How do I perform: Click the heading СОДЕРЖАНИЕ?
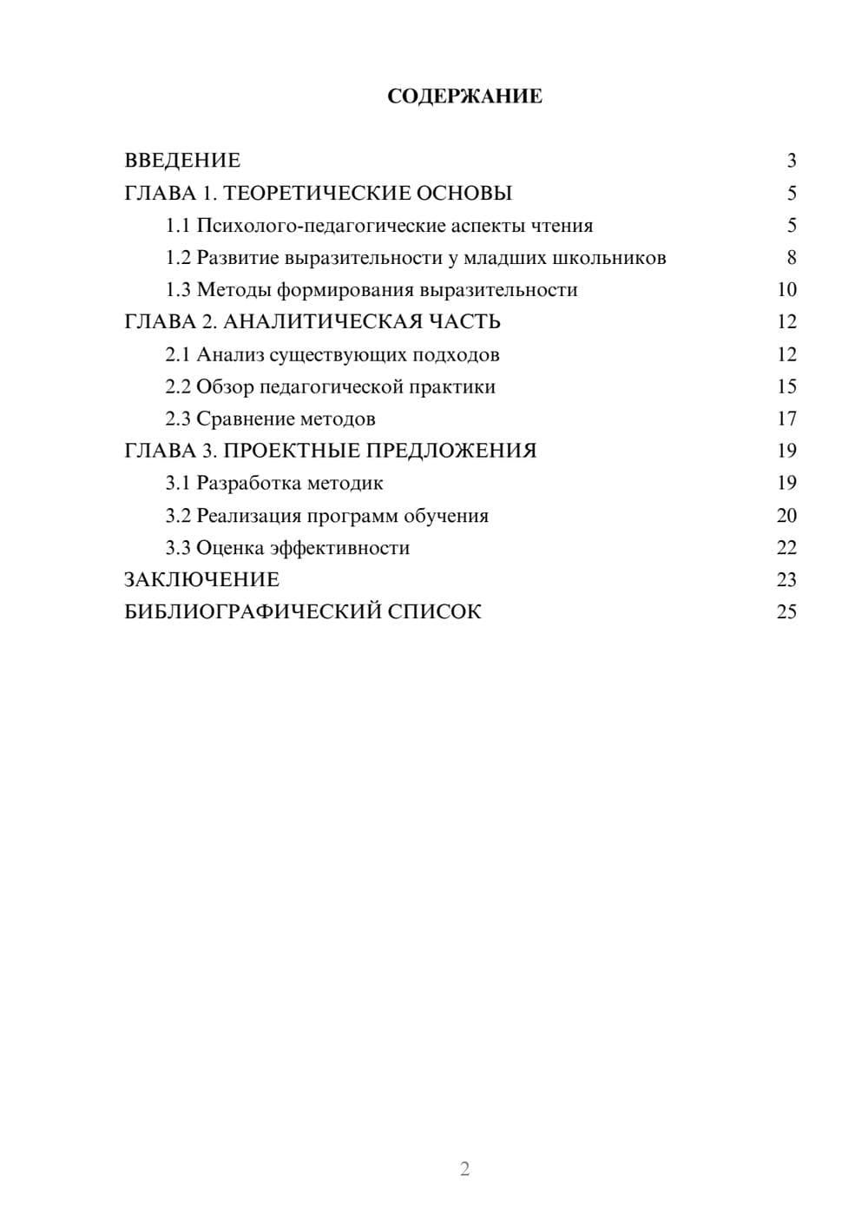[x=464, y=96]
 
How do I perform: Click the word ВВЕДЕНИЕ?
[x=182, y=161]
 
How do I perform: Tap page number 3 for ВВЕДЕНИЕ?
[x=791, y=161]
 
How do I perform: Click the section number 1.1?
[x=178, y=226]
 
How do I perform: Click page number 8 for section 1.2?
[x=791, y=258]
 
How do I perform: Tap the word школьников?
[x=609, y=258]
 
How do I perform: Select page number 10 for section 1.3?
[x=786, y=290]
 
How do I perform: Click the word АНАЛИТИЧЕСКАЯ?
[x=322, y=322]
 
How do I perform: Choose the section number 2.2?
[x=178, y=386]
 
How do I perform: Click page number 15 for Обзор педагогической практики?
[x=786, y=386]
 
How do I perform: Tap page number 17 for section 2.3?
[x=786, y=419]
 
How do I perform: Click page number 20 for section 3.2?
[x=786, y=516]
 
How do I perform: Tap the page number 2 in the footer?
[x=464, y=1169]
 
